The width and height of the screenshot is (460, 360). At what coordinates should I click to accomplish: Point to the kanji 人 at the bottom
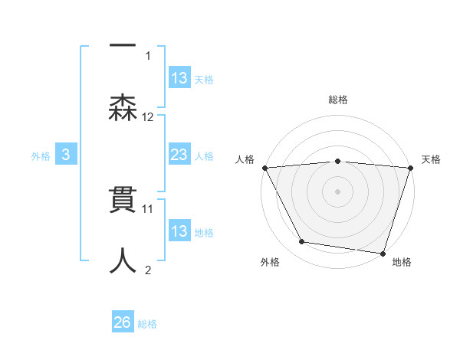point(123,260)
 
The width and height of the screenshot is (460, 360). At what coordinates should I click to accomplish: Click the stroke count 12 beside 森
point(148,117)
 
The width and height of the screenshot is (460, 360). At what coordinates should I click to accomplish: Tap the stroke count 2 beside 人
point(148,269)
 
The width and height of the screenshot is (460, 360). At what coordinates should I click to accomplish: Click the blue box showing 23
point(179,155)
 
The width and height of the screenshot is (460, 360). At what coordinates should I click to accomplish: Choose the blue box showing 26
point(123,322)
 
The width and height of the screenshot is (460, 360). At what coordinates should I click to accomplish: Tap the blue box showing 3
point(66,155)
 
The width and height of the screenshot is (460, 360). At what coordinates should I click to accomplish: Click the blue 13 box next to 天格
point(179,78)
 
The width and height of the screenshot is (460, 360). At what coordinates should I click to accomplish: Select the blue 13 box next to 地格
point(179,231)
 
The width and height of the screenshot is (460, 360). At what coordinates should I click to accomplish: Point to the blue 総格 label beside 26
point(147,324)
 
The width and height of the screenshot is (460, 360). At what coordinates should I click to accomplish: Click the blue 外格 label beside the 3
point(41,155)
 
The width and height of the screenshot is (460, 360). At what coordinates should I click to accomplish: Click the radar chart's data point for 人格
point(264,168)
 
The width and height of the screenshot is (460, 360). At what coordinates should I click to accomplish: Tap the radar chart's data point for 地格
point(383,253)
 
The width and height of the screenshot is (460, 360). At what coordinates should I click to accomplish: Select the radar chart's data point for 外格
point(302,242)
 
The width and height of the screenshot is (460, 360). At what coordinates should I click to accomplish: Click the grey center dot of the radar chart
point(337,191)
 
